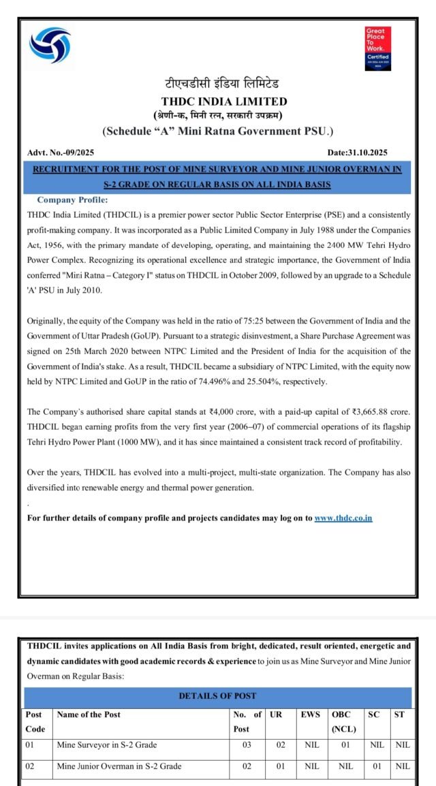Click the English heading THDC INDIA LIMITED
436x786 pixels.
(217, 102)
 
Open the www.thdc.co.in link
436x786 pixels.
(343, 518)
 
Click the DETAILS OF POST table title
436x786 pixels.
(217, 695)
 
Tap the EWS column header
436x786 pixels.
(310, 714)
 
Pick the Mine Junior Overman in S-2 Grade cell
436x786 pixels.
(119, 766)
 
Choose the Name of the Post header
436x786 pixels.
(89, 714)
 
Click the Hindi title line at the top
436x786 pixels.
(217, 84)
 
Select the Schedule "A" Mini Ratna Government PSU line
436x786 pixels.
(217, 130)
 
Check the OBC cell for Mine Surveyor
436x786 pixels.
(345, 745)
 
